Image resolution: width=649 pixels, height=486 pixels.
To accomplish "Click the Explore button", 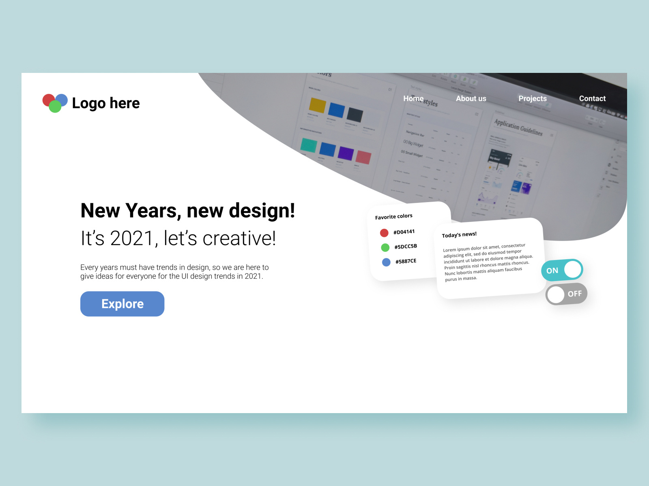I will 122,304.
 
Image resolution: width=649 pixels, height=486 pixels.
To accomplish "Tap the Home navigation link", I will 413,98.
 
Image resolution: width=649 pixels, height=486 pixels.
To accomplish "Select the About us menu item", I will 471,98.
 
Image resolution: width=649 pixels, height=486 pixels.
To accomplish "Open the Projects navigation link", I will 533,98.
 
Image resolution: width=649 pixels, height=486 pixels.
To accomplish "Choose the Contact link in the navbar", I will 592,98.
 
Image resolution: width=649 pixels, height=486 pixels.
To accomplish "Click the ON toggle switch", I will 562,270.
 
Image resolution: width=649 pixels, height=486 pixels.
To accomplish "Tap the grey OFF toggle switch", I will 566,294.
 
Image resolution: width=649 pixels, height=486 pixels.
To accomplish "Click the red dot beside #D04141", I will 384,233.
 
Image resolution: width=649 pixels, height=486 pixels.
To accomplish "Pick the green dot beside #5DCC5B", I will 385,247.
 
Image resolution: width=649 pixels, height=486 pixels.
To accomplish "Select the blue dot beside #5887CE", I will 386,262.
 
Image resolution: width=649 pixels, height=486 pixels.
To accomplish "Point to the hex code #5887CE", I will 406,261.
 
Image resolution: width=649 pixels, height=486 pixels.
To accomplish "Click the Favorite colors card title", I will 393,217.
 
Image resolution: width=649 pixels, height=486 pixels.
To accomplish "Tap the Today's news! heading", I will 459,234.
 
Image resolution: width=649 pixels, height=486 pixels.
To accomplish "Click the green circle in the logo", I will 55,107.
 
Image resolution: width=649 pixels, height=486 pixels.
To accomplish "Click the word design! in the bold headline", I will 262,211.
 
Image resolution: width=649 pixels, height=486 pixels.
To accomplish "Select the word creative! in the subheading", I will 239,238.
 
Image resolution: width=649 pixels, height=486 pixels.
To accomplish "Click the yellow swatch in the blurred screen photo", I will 318,105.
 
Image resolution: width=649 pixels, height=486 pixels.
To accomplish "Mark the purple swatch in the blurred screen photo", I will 346,153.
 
